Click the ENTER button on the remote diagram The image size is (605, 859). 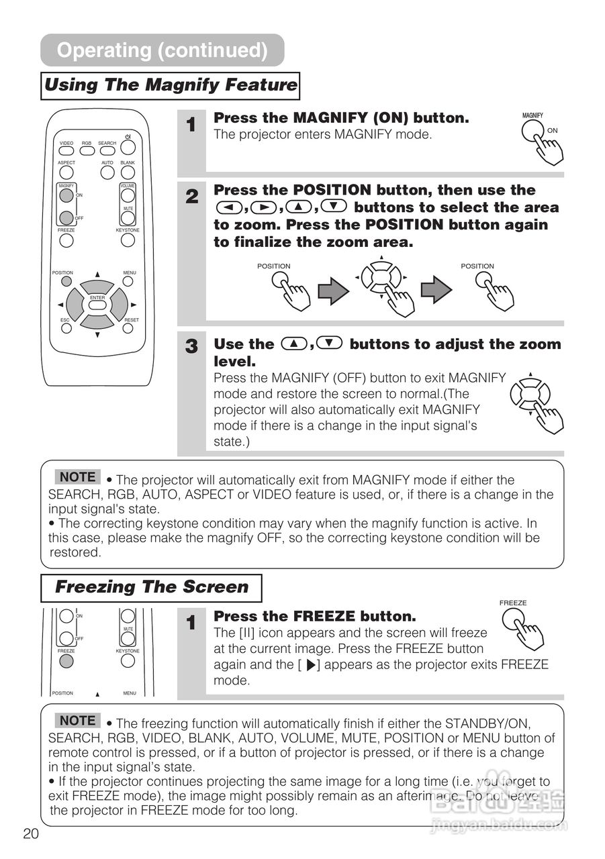click(x=97, y=305)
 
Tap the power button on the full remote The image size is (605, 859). click(x=128, y=146)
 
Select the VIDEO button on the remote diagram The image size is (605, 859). click(x=66, y=151)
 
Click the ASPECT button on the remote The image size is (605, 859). click(x=66, y=172)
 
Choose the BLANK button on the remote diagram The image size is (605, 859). click(x=128, y=172)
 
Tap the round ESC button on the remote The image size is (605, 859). click(x=66, y=330)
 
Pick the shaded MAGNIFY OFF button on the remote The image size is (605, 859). click(x=66, y=217)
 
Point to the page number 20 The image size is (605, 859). click(x=31, y=834)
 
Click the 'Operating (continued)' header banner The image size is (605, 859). click(x=162, y=50)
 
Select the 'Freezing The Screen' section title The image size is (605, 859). click(x=151, y=587)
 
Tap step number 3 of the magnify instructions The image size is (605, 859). click(x=191, y=347)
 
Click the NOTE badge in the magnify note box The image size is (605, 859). click(x=77, y=477)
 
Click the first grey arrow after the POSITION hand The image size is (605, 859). click(x=333, y=290)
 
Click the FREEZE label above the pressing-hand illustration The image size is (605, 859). click(x=513, y=603)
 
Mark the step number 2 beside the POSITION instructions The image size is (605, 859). click(x=191, y=197)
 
